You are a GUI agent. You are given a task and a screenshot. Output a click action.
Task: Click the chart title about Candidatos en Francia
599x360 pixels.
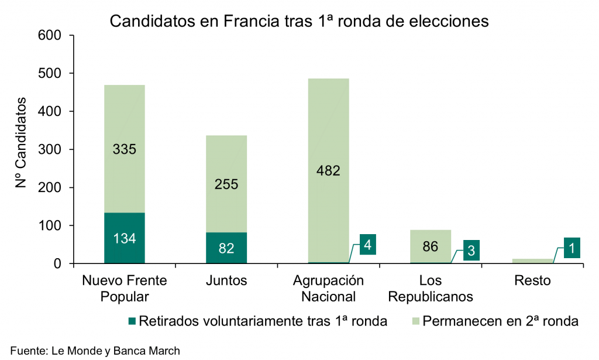(x=299, y=21)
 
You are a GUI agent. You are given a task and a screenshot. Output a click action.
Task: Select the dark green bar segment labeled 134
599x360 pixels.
(x=125, y=238)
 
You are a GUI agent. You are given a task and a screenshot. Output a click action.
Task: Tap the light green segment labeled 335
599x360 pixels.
(x=125, y=149)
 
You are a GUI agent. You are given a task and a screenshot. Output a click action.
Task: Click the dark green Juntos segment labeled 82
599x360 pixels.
(x=226, y=248)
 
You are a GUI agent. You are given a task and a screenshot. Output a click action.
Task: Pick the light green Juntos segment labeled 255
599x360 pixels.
(x=226, y=184)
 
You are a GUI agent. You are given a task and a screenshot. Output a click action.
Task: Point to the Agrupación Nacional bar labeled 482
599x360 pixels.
(x=328, y=170)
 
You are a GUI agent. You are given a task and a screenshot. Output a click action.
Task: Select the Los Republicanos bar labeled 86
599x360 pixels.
(x=430, y=246)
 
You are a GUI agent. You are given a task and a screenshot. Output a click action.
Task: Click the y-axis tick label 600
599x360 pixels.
(x=50, y=35)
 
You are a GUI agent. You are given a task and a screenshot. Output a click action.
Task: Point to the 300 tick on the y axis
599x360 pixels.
(x=50, y=149)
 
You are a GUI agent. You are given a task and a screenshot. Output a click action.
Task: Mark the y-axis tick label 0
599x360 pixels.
(x=58, y=264)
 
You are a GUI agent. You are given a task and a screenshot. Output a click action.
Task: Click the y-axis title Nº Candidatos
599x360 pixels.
(x=22, y=144)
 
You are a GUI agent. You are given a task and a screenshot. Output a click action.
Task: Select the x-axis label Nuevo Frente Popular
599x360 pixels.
(x=125, y=288)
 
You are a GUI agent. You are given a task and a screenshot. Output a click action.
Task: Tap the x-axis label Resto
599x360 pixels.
(x=532, y=280)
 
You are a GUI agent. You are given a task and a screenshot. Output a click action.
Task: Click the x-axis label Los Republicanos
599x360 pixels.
(x=430, y=288)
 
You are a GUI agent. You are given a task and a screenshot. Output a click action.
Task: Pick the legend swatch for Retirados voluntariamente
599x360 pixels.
(x=132, y=321)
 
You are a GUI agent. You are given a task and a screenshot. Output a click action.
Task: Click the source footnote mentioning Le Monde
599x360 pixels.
(x=95, y=351)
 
